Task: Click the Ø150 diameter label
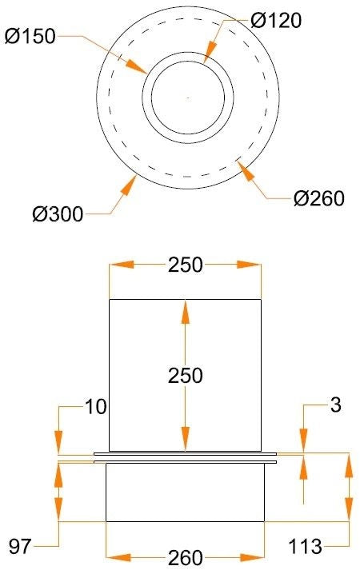pos(30,36)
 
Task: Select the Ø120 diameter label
pos(276,20)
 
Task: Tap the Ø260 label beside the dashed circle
pos(319,198)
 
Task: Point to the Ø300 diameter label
pos(58,214)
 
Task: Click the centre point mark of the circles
pos(188,98)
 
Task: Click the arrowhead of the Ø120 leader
pos(210,52)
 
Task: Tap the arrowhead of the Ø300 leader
pos(128,185)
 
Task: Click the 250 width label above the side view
pos(185,265)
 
